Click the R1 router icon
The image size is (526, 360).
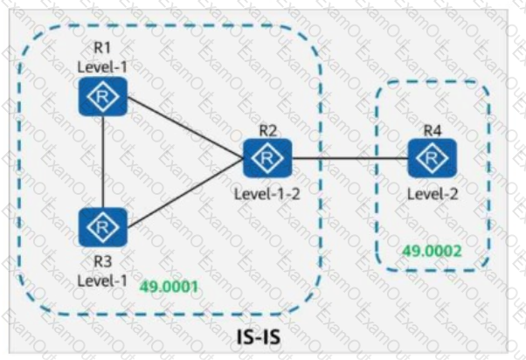point(103,96)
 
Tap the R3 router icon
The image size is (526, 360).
point(103,228)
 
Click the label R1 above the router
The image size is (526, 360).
point(102,50)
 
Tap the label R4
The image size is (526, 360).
point(431,130)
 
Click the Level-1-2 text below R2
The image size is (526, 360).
point(267,192)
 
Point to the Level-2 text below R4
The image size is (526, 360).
point(431,192)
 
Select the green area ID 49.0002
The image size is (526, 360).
point(431,251)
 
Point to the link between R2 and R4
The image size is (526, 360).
point(350,158)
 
